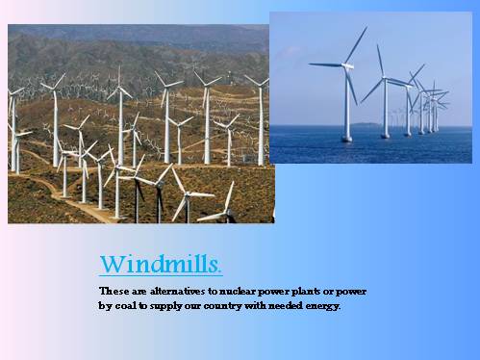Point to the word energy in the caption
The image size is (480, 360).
[319, 306]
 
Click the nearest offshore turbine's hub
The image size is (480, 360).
[347, 65]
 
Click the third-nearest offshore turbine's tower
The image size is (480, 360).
[409, 112]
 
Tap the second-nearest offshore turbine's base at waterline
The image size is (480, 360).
[385, 135]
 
